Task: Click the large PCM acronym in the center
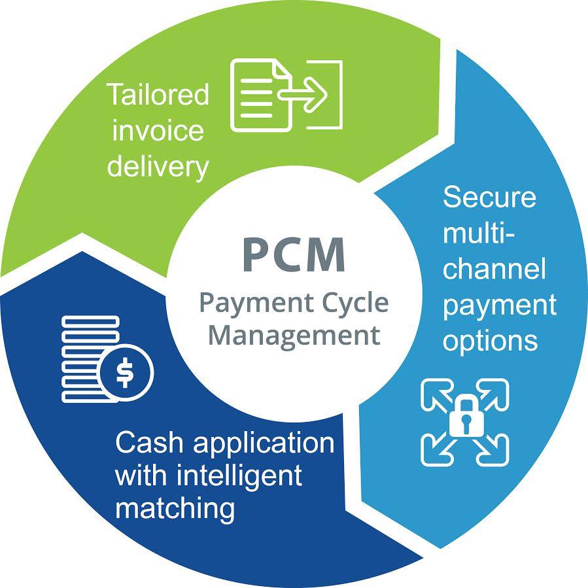tap(293, 256)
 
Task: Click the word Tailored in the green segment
tap(158, 95)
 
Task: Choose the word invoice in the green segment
tap(158, 130)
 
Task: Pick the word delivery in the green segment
tap(158, 166)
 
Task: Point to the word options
tap(491, 341)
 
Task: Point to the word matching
tap(175, 508)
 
